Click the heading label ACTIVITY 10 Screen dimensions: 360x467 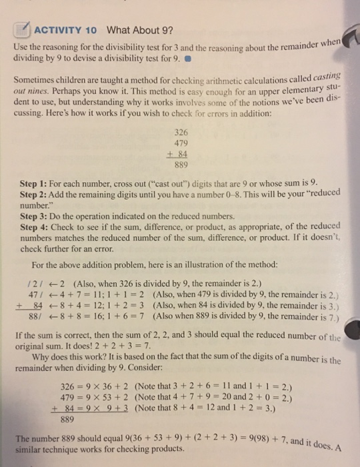coord(66,31)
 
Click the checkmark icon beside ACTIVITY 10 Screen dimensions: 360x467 coord(25,30)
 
